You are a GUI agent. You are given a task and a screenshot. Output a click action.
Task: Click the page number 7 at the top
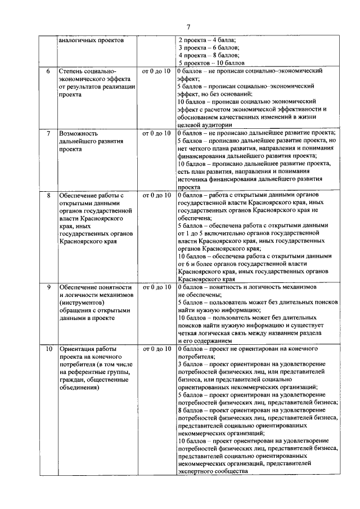click(x=189, y=27)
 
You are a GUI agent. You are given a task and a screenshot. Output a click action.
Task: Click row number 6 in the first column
click(x=48, y=71)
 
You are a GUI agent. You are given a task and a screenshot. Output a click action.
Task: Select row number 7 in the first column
click(x=48, y=133)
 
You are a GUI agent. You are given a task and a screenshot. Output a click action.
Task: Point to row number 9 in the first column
click(x=48, y=287)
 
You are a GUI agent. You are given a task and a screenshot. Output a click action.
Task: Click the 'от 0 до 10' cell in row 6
click(x=156, y=71)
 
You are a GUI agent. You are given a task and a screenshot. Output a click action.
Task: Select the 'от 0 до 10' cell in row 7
click(x=156, y=133)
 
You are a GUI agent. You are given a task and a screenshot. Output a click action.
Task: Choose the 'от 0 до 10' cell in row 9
click(x=156, y=287)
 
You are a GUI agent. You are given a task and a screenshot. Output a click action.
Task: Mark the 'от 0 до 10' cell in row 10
click(x=156, y=349)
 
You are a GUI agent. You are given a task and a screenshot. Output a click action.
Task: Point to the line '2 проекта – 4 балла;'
click(x=207, y=40)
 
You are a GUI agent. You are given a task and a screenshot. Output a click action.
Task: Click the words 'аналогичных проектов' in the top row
click(x=91, y=40)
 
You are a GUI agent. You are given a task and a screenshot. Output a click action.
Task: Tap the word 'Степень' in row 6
click(x=71, y=71)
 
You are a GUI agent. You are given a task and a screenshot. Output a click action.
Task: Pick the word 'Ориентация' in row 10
click(x=77, y=349)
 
